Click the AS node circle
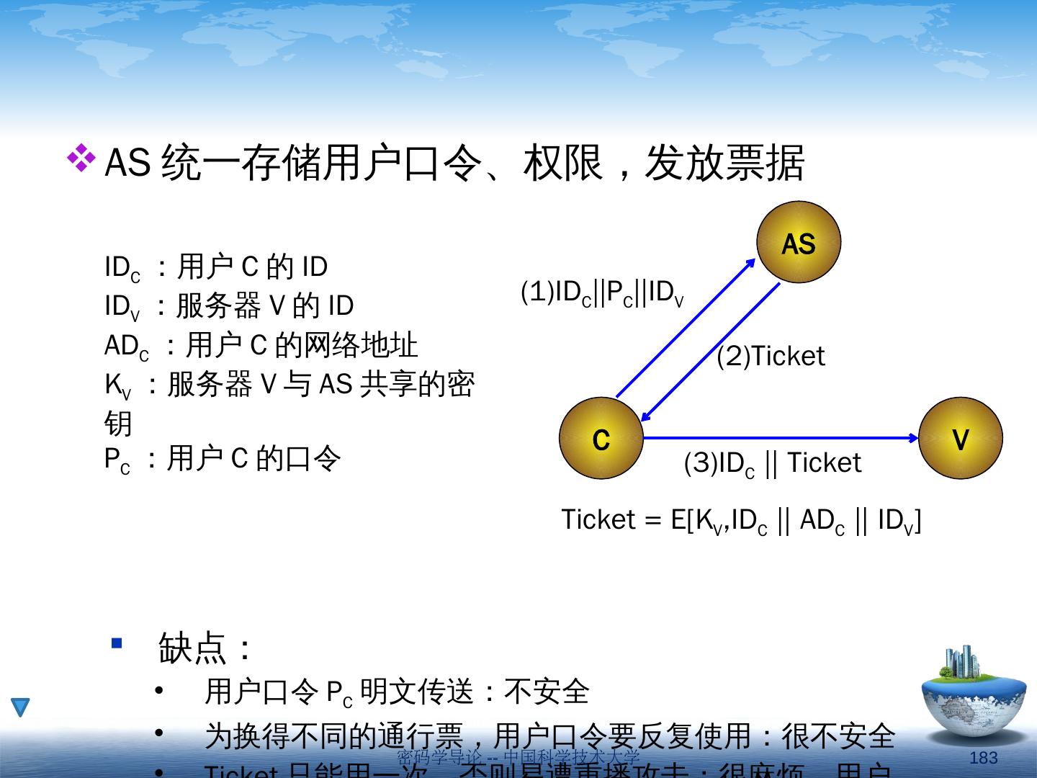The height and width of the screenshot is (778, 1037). (x=799, y=243)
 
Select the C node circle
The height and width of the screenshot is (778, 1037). (x=601, y=438)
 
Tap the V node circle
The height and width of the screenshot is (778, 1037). (x=960, y=438)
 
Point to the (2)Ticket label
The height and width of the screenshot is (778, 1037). (x=771, y=357)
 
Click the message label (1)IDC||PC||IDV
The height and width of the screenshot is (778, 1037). (x=602, y=293)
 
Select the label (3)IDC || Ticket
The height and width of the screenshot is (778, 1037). (x=772, y=463)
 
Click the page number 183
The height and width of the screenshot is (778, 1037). (x=983, y=757)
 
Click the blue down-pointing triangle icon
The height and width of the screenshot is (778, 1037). (x=20, y=707)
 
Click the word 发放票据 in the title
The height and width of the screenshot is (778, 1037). (x=724, y=163)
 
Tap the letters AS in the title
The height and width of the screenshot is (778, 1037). (x=127, y=163)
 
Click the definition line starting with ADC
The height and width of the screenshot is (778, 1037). (x=261, y=346)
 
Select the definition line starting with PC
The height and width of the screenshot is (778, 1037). (x=222, y=459)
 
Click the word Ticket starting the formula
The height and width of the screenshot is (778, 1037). (x=598, y=519)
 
